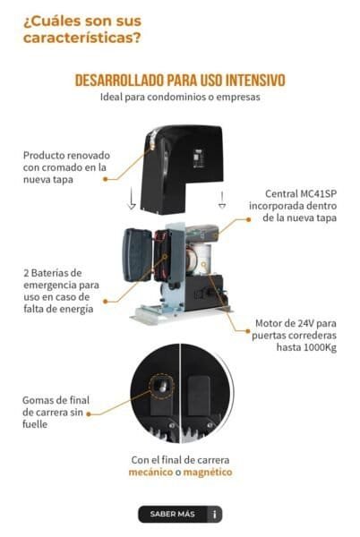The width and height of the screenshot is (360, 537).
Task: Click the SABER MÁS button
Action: coord(180,514)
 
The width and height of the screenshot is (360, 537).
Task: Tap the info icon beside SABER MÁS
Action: coord(215,515)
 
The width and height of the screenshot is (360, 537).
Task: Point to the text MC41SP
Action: coord(319,194)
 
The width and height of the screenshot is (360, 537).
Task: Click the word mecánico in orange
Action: coord(150,473)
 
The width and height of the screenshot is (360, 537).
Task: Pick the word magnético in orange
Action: coord(208,473)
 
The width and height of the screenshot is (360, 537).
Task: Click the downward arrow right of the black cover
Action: coord(222,200)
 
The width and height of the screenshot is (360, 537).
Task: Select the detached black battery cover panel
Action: coord(137,255)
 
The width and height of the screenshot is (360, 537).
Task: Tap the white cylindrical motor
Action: coord(201,259)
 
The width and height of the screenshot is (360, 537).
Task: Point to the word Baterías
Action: coord(56,273)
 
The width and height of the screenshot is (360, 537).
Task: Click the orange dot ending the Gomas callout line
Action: coord(89,414)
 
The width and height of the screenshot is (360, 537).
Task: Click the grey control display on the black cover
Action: coord(198,158)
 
